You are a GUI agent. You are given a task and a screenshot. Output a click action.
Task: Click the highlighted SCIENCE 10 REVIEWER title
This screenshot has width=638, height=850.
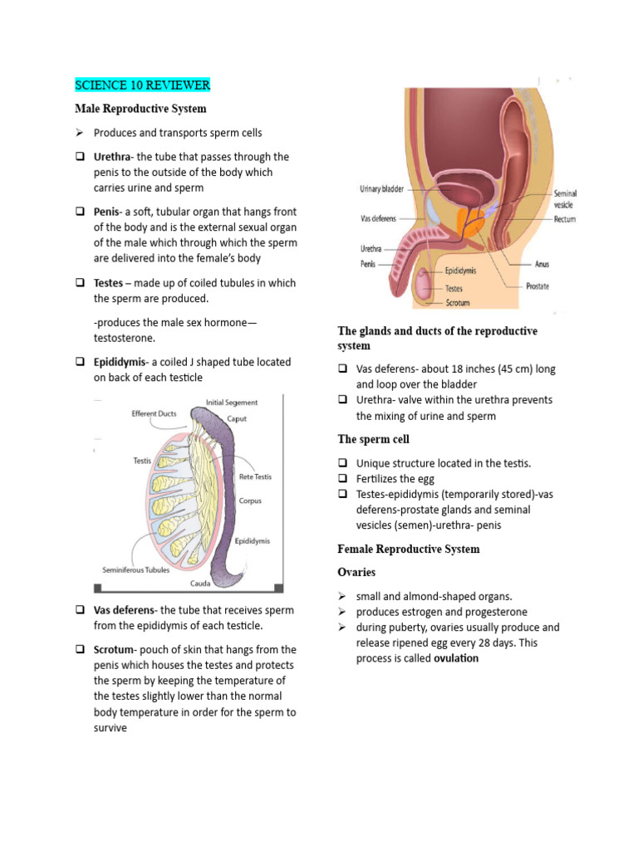click(142, 85)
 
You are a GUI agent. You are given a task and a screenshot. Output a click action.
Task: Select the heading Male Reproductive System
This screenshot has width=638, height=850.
click(140, 109)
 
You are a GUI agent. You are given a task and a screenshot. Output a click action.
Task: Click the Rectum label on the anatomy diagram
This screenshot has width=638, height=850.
click(565, 220)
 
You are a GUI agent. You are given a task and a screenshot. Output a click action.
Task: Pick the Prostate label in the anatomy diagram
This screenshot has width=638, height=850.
click(537, 286)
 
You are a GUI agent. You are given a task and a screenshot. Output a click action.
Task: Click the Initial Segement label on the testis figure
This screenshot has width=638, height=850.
click(231, 403)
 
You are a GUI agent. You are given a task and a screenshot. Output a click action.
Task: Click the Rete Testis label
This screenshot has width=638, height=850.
click(255, 476)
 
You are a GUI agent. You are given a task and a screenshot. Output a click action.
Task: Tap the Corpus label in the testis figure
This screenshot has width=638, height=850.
click(250, 501)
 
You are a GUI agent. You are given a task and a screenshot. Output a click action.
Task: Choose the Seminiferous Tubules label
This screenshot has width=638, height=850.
click(135, 570)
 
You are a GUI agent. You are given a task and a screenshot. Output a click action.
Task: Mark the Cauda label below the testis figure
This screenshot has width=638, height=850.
click(200, 584)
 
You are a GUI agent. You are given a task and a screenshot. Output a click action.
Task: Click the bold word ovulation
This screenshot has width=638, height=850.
click(456, 658)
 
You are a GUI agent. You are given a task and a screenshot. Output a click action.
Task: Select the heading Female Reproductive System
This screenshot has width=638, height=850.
click(409, 549)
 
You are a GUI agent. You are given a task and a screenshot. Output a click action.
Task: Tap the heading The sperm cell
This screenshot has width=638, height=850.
click(373, 439)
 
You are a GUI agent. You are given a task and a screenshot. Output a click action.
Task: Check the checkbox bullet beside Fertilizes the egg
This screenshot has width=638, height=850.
click(343, 479)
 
